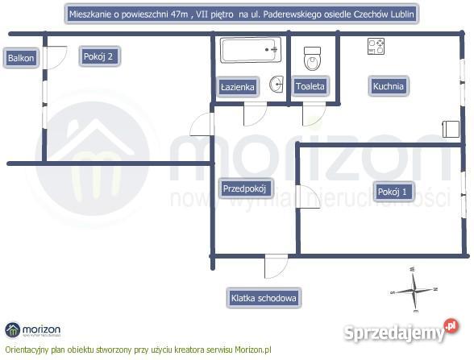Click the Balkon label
(21, 58)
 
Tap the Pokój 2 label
(99, 56)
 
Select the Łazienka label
(238, 87)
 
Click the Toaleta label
(310, 86)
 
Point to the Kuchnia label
(389, 86)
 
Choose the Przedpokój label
(245, 188)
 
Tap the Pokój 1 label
(393, 192)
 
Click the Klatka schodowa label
(264, 298)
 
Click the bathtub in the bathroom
(250, 50)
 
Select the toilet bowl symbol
(312, 59)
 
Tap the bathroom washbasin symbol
(276, 84)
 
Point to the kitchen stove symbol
(376, 46)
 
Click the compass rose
(414, 290)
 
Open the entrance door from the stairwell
(276, 267)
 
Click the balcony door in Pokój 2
(56, 58)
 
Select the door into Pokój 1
(308, 197)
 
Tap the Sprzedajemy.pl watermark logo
(401, 331)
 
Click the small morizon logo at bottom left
(32, 330)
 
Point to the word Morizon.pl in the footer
(253, 350)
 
